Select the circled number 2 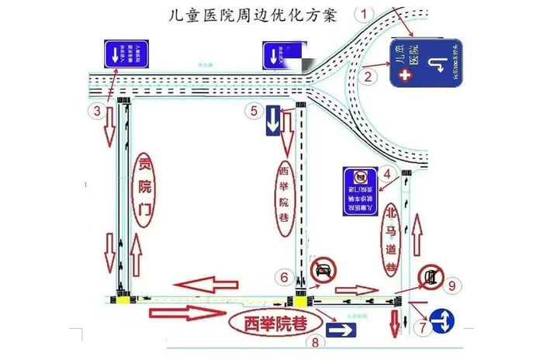click(x=370, y=75)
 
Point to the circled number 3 click(x=96, y=111)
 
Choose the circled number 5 click(x=254, y=110)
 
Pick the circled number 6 click(x=285, y=275)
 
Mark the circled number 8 click(x=315, y=341)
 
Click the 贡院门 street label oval click(x=145, y=189)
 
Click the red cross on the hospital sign click(x=403, y=75)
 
